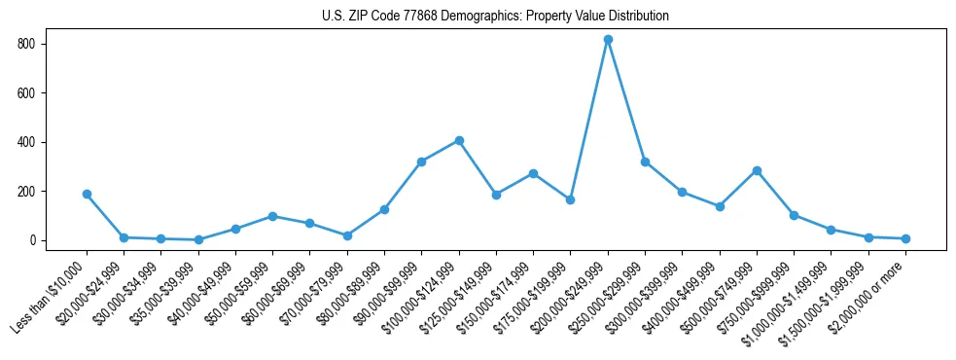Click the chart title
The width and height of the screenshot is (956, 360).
pos(495,17)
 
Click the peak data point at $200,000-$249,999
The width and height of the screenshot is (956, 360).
pos(608,40)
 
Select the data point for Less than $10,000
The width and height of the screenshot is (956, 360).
pos(87,194)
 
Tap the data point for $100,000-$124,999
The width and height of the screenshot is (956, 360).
pos(459,140)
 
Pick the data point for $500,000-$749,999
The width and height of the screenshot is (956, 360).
pos(757,170)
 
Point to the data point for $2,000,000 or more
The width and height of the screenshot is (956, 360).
pos(905,238)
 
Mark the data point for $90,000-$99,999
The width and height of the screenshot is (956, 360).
pos(421,162)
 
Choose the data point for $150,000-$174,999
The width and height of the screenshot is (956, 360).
pos(533,173)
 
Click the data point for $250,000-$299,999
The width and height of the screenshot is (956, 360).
pos(645,162)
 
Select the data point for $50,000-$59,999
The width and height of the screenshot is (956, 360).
pos(272,216)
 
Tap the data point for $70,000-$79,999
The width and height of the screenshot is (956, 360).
pos(347,235)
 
